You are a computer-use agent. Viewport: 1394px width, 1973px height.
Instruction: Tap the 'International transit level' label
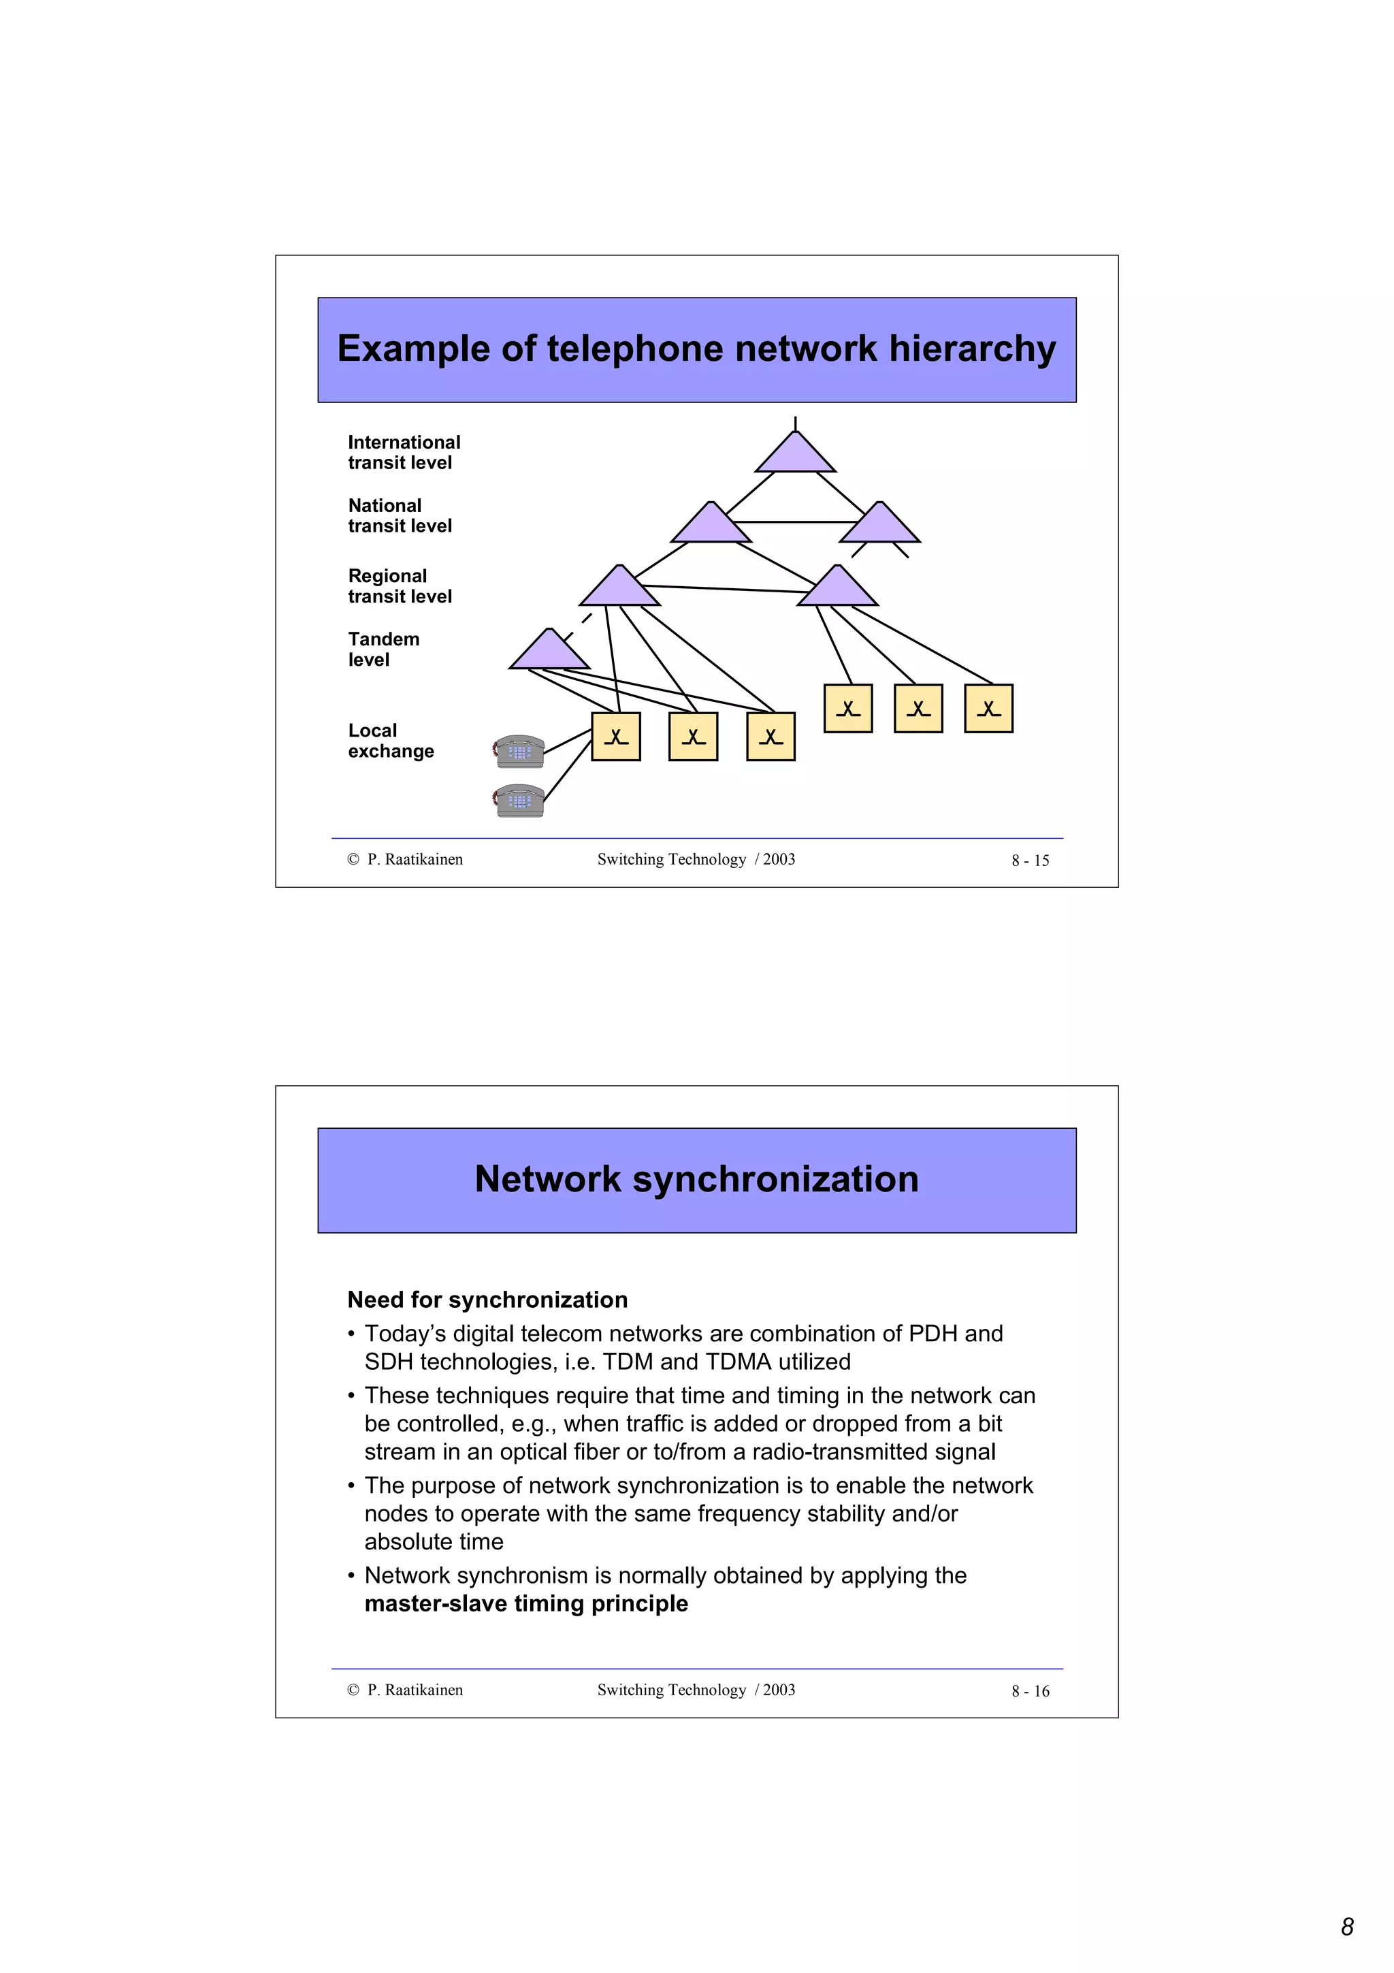pos(404,452)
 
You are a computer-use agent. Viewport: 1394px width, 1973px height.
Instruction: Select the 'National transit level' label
pos(400,515)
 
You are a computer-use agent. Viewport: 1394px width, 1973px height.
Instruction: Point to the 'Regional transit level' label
pos(400,586)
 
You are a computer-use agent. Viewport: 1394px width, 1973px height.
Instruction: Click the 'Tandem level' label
pos(383,649)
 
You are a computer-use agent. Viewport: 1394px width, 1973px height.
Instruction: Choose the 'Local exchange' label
pos(391,741)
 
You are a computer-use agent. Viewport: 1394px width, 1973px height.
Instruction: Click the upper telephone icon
pos(519,751)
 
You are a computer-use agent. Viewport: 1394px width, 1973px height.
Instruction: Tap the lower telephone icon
pos(519,801)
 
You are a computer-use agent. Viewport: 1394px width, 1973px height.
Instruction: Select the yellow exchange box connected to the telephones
pos(616,737)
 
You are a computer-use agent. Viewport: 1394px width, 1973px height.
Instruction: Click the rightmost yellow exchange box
pos(988,708)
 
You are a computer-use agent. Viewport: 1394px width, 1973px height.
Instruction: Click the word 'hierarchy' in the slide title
pos(972,349)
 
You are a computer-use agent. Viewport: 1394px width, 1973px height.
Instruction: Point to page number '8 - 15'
pos(1030,860)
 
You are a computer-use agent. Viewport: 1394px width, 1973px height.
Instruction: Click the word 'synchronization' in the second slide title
pos(775,1179)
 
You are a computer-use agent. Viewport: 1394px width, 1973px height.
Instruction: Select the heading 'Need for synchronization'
pos(487,1299)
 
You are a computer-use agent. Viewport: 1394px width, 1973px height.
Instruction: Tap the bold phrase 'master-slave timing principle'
pos(525,1603)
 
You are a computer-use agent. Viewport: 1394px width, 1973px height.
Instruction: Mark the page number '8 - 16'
pos(1030,1691)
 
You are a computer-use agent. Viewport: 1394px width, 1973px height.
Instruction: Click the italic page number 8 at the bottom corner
pos(1347,1927)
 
